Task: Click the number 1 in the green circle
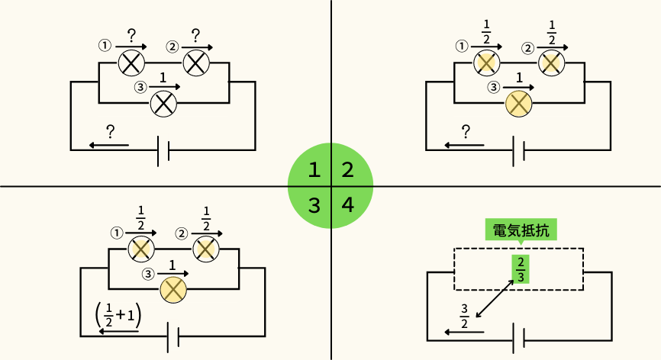click(313, 169)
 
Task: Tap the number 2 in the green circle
click(347, 169)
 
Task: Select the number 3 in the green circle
click(313, 204)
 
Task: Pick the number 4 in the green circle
click(347, 204)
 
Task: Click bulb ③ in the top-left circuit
click(163, 103)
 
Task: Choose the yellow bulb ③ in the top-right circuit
click(519, 103)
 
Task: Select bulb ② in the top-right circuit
click(551, 63)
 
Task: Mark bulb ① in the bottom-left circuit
click(141, 248)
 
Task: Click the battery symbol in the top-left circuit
click(163, 150)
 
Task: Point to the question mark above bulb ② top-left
click(195, 35)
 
